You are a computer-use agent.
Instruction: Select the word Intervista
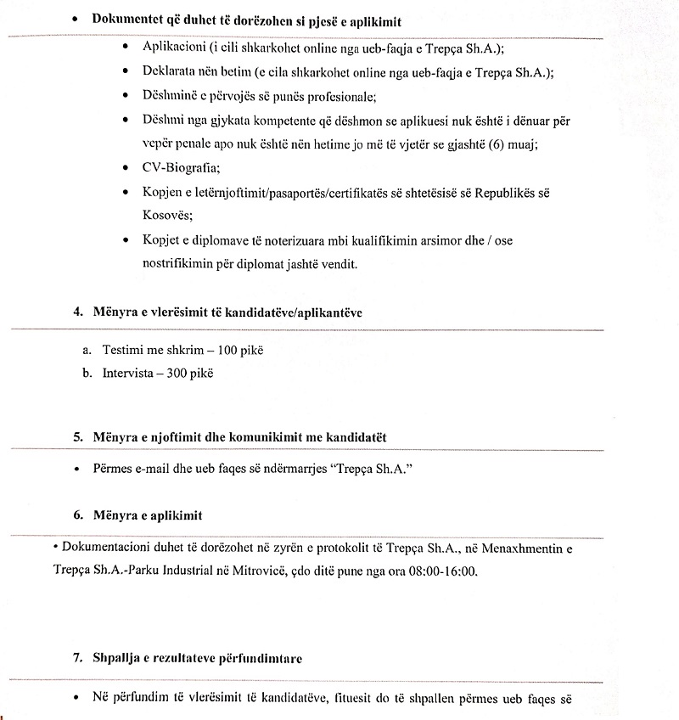[128, 373]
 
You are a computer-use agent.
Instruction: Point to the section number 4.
[78, 312]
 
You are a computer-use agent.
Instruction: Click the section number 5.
[78, 437]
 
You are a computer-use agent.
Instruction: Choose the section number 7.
[78, 658]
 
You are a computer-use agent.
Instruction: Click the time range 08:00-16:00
[441, 571]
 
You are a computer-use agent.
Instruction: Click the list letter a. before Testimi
[87, 350]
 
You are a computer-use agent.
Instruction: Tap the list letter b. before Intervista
[87, 373]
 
